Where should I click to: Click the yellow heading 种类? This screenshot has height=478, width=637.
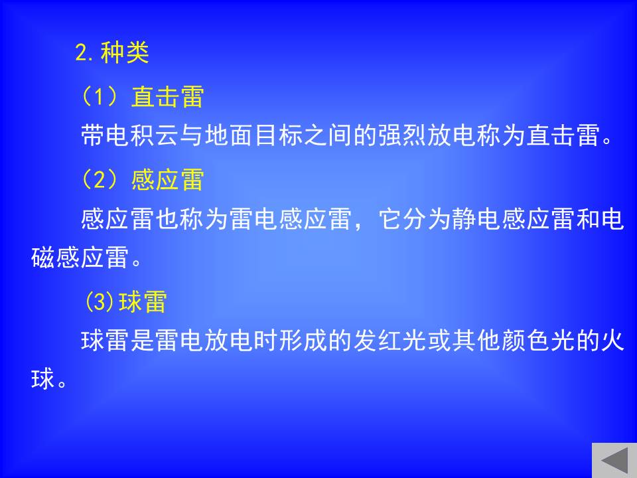[125, 53]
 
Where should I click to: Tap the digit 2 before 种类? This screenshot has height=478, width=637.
[81, 53]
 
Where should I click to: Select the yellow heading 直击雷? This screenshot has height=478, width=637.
[167, 97]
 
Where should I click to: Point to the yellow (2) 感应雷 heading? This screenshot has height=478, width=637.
[143, 179]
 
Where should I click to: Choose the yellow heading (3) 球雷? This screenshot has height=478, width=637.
[126, 301]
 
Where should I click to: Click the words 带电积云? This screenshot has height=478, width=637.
[131, 135]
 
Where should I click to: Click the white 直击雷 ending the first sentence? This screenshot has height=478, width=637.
[563, 135]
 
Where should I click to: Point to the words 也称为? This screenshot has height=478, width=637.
[192, 218]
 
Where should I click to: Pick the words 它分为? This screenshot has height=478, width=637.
[415, 218]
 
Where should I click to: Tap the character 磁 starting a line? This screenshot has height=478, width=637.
[43, 258]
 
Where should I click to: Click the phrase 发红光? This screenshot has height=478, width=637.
[390, 340]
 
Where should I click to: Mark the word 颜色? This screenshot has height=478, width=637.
[526, 340]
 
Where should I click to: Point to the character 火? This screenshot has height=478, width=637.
[612, 340]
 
